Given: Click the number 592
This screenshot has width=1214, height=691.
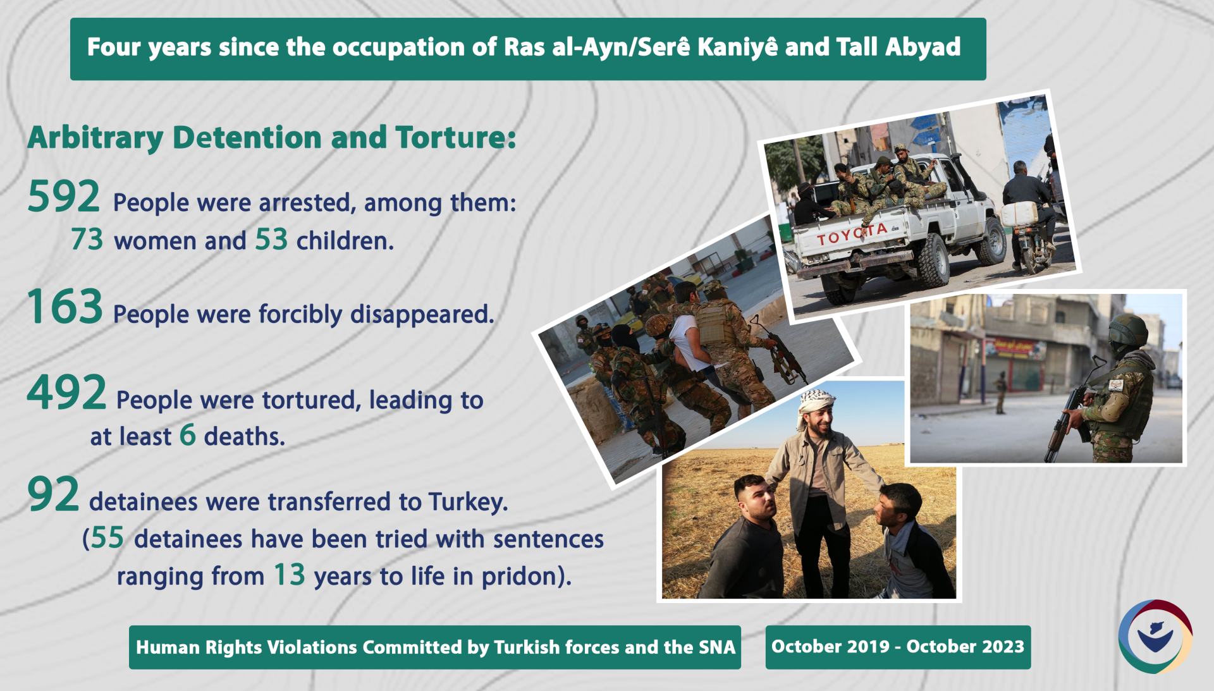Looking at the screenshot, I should (x=63, y=197).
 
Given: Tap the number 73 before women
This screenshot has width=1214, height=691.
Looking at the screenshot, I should (x=87, y=240).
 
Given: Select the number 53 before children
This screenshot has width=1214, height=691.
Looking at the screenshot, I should (x=271, y=240).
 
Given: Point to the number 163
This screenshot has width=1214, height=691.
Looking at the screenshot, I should (x=64, y=307).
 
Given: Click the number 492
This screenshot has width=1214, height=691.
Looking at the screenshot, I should (x=66, y=393).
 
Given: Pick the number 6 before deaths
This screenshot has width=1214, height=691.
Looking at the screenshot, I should (x=187, y=435).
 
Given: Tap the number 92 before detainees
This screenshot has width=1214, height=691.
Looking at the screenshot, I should (x=53, y=495).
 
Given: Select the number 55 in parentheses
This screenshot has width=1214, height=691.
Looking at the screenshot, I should (x=107, y=539).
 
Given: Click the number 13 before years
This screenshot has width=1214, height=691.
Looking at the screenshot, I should (x=289, y=575).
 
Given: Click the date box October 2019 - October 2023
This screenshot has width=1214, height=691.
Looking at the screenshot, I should (x=897, y=647).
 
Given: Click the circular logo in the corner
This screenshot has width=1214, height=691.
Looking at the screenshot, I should (x=1155, y=636).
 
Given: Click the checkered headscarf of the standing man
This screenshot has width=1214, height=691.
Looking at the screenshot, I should (x=816, y=401).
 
